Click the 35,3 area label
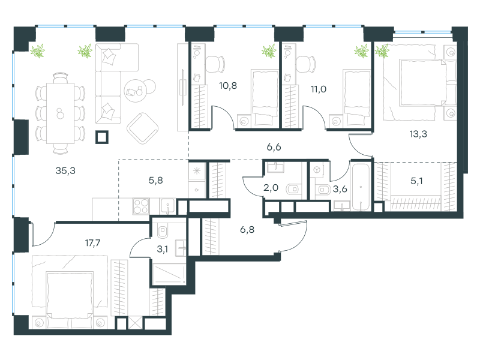click(65, 171)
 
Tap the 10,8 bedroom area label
click(228, 86)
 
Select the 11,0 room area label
click(319, 89)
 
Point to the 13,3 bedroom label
click(418, 134)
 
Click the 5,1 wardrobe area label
click(416, 181)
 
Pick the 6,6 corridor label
click(274, 147)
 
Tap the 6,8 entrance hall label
click(247, 230)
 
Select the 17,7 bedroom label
click(92, 243)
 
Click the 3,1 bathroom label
click(162, 250)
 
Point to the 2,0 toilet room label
click(271, 188)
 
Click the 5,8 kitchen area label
click(155, 181)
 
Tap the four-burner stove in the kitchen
click(141, 206)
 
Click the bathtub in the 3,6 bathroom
click(361, 187)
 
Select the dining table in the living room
click(61, 113)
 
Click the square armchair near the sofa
click(142, 128)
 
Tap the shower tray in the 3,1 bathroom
click(169, 274)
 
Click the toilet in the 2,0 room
click(293, 190)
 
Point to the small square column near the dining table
click(102, 137)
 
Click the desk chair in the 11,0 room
click(306, 64)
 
